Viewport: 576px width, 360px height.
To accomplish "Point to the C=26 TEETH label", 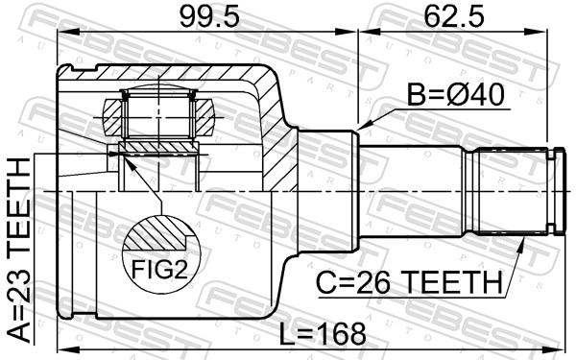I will click(409, 282).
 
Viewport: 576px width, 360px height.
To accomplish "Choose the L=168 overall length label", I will click(323, 334).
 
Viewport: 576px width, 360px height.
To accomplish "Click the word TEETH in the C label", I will click(451, 282).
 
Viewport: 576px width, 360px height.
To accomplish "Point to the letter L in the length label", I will click(287, 334).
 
